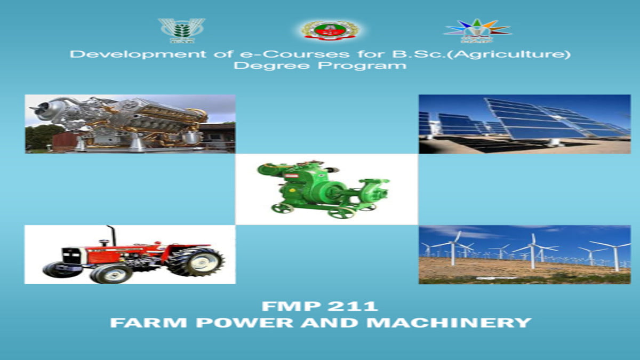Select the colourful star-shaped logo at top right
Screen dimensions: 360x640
[477, 30]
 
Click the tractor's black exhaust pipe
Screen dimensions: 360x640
[112, 234]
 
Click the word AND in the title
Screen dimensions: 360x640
[314, 323]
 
